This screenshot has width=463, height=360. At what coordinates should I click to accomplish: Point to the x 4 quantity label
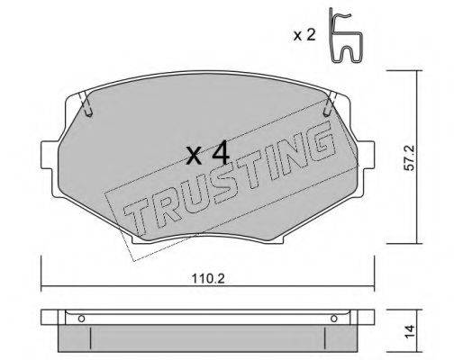[206, 154]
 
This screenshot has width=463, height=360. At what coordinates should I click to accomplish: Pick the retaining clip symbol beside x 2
[341, 35]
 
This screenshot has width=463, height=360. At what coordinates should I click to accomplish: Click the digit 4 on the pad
[219, 154]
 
